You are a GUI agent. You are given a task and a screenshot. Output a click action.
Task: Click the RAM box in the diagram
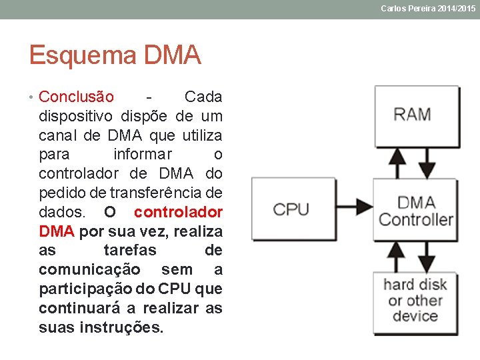click(416, 115)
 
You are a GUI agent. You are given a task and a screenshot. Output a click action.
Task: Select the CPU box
click(291, 209)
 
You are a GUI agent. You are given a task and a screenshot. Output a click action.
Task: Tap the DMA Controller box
click(416, 211)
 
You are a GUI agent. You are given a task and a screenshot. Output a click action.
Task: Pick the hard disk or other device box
click(415, 301)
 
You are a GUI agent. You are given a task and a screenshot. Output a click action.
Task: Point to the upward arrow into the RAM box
click(397, 162)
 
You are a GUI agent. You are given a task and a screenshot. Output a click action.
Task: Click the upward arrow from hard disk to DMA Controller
click(397, 256)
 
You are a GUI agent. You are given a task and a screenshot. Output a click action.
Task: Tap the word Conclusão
click(76, 97)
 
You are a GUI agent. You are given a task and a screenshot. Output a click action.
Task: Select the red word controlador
click(178, 213)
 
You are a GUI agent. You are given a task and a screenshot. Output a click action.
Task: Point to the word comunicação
click(89, 270)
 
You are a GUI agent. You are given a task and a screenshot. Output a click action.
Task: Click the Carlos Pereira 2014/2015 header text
click(428, 9)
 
